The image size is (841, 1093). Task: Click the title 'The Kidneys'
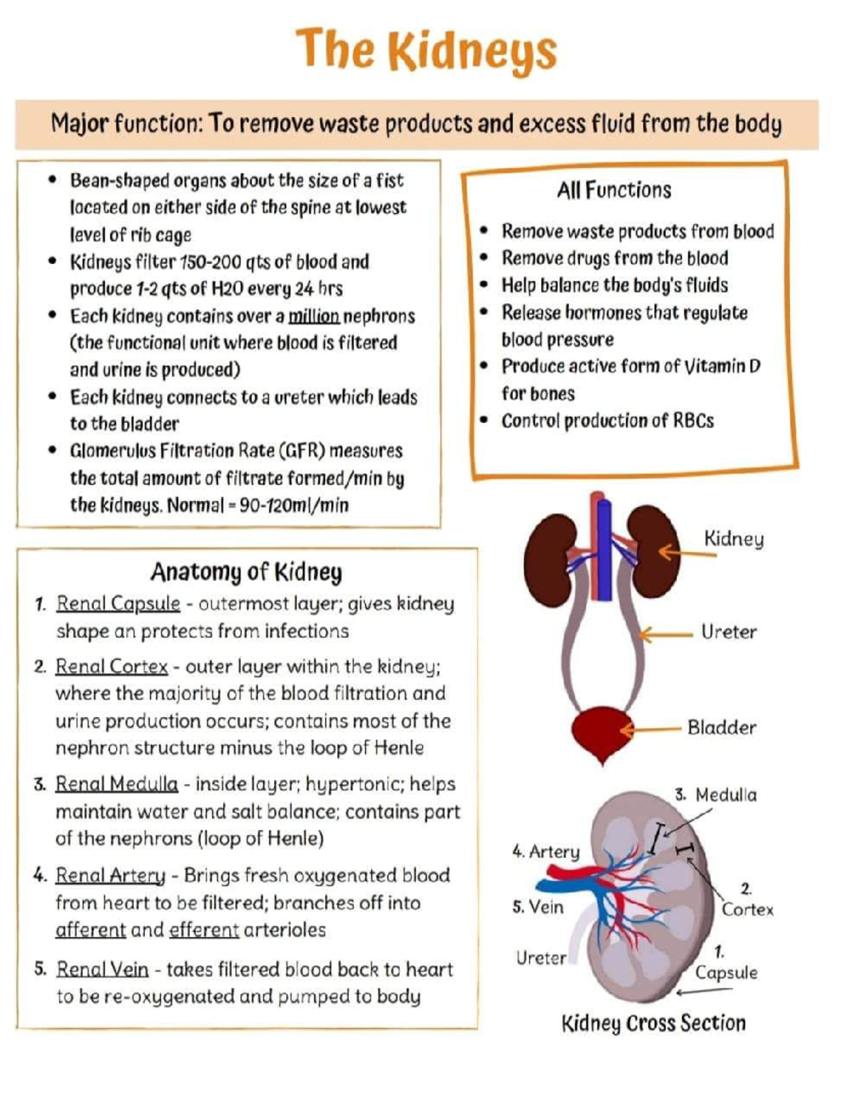point(426,50)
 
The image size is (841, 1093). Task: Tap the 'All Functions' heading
point(614,190)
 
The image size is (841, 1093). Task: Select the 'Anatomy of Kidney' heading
point(246,572)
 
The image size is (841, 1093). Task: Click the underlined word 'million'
point(314,316)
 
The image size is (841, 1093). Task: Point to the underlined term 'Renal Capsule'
point(118,604)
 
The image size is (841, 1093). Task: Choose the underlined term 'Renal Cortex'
point(111,667)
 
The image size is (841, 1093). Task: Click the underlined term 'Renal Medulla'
point(116,784)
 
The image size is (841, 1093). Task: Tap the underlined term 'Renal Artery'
point(110,875)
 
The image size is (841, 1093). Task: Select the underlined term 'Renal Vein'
point(102,970)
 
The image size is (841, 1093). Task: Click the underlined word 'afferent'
point(90,931)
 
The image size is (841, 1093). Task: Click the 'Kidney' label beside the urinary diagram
point(733,539)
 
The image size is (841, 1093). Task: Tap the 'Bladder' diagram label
point(721,727)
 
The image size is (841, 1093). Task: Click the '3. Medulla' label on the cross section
point(716,795)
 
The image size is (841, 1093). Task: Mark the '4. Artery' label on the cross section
point(546,851)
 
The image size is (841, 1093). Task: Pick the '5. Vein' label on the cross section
point(538,907)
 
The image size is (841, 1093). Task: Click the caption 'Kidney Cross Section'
point(653,1024)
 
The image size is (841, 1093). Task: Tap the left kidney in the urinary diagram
point(549,559)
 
